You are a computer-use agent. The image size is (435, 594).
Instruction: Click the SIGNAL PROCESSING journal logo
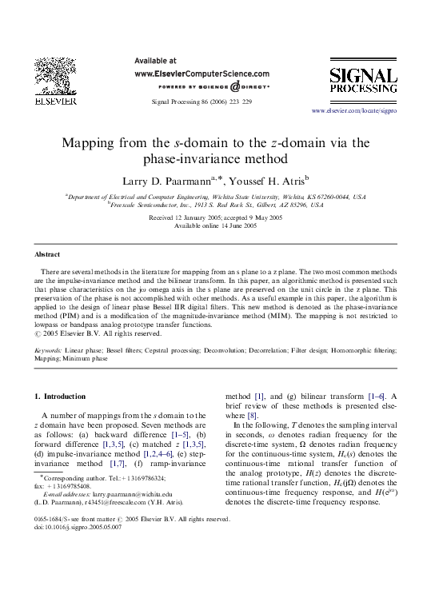coord(363,83)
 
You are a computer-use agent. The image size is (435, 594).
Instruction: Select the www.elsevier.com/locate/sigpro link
coord(353,110)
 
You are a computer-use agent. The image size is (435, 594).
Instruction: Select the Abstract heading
coord(47,254)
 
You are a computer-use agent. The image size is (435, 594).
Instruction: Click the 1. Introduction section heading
coord(60,397)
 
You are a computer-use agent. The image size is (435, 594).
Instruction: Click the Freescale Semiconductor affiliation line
coord(216,205)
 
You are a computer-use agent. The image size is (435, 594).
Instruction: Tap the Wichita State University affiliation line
coord(217,196)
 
